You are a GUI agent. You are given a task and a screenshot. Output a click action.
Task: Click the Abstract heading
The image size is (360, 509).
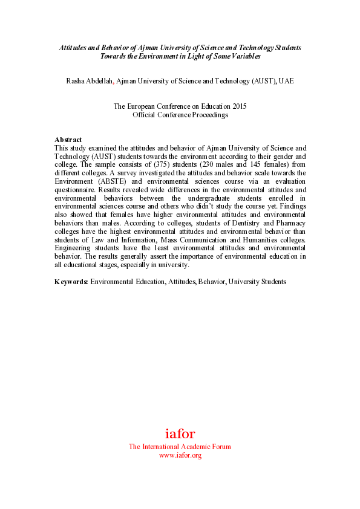click(68, 140)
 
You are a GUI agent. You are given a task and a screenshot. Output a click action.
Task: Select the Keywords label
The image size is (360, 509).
click(71, 281)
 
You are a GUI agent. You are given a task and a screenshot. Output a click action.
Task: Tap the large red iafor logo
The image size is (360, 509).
click(180, 433)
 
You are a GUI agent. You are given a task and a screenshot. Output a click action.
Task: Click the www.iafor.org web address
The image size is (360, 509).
click(180, 455)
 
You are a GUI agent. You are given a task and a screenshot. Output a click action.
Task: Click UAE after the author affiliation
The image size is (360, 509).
click(286, 81)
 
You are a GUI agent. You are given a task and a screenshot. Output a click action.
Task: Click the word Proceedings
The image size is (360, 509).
click(208, 115)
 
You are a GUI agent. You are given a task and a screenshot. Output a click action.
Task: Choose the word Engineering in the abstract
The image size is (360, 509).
click(73, 248)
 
